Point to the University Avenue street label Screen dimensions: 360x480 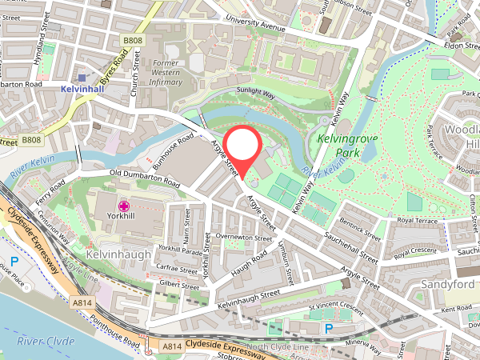(x=255, y=26)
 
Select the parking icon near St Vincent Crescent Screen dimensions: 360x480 (x=328, y=329)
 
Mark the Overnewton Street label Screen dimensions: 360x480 (x=239, y=237)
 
